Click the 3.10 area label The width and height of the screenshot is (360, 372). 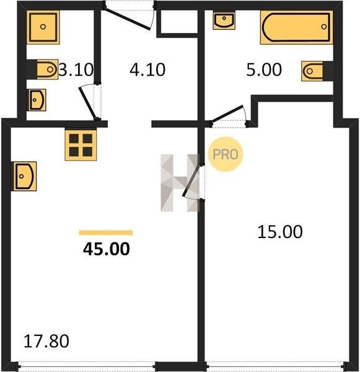76,69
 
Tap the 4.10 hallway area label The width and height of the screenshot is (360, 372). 147,69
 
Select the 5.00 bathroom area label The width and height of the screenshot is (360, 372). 264,69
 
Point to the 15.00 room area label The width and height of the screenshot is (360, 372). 280,232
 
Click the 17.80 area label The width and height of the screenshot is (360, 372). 46,341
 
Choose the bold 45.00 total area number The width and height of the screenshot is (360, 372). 107,249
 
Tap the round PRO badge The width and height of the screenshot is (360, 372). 226,154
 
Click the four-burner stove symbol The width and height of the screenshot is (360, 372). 81,145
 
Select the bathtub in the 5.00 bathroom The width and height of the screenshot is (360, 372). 296,27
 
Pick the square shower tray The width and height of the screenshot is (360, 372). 43,27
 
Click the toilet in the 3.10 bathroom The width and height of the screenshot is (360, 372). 48,69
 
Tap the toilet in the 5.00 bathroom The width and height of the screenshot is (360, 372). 312,71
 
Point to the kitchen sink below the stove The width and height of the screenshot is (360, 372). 25,176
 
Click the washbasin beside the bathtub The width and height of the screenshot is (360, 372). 224,20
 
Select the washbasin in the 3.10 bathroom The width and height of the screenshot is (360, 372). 37,100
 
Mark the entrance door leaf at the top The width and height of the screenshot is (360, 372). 127,19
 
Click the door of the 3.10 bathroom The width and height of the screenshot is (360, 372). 88,103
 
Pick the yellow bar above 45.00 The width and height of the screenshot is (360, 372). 106,232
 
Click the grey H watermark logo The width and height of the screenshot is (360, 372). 180,183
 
